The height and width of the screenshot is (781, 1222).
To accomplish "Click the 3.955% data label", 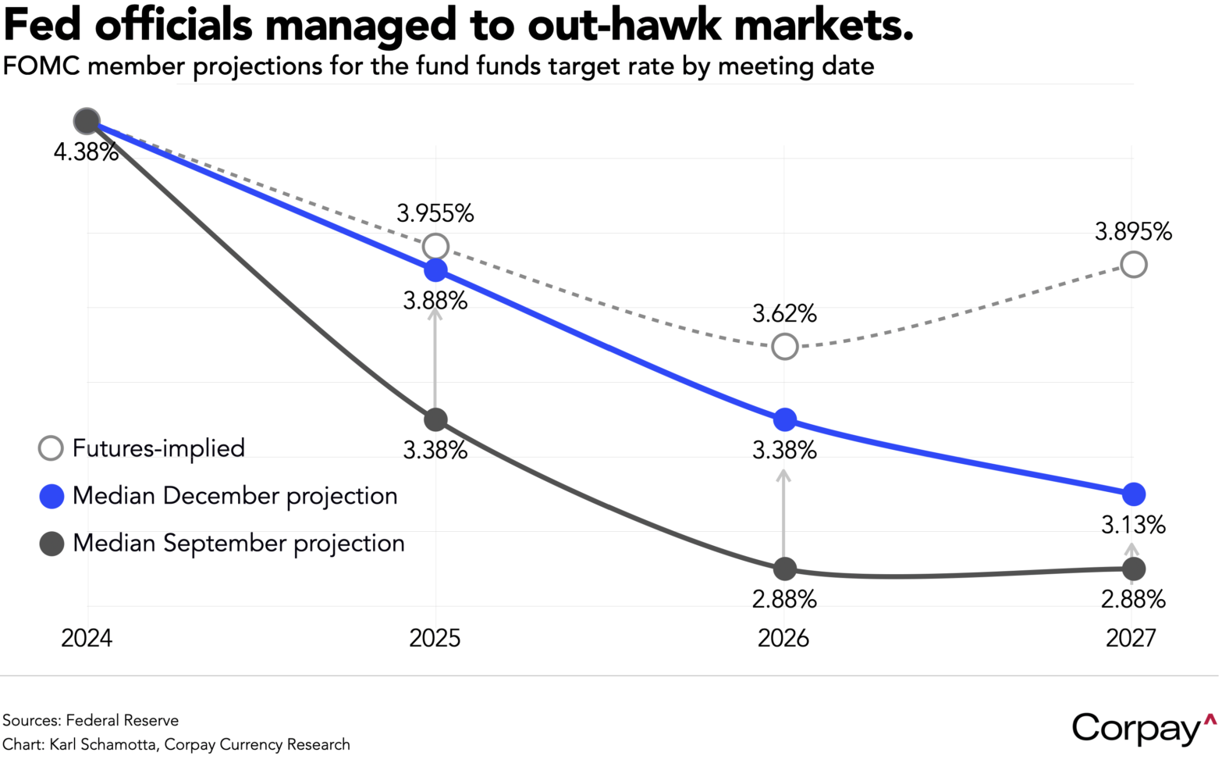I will click(435, 213).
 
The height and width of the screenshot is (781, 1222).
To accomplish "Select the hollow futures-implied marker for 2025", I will click(435, 247).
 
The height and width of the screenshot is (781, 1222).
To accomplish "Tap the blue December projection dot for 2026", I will click(784, 419).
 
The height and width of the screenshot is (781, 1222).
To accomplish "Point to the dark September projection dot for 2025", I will click(435, 419).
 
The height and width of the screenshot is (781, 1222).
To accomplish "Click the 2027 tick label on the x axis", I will click(1131, 638).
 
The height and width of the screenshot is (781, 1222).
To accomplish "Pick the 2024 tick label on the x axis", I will click(87, 638).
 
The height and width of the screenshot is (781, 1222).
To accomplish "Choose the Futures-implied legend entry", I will click(142, 448).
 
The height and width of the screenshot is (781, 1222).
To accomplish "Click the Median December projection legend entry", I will click(218, 496).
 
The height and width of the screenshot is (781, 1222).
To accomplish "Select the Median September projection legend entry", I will click(222, 544).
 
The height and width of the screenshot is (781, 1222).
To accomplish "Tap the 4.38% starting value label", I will click(86, 152).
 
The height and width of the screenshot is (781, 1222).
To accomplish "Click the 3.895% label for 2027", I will click(1133, 231).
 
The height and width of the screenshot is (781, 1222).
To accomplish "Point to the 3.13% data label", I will click(1133, 525).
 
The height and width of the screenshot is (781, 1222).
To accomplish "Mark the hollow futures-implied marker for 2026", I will click(785, 346).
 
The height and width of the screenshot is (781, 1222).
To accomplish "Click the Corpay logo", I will click(1143, 728).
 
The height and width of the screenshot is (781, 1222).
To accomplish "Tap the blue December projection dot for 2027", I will click(1134, 494).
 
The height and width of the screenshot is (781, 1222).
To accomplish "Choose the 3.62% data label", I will click(784, 314).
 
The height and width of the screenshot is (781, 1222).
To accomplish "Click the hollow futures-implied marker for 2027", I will click(1134, 265).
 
